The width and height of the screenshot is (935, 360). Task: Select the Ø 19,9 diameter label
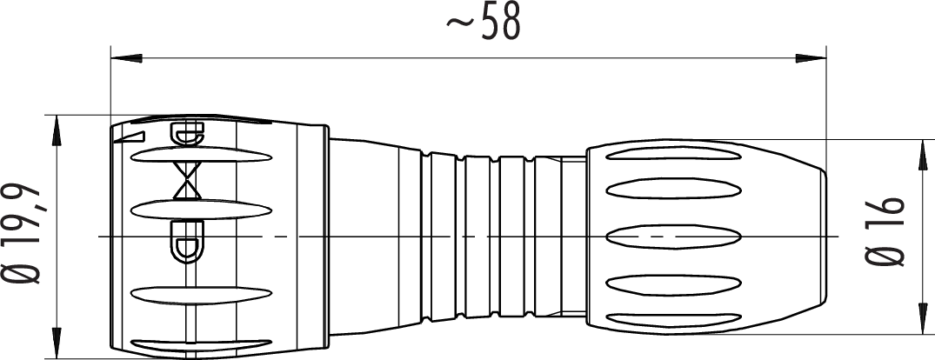click(x=22, y=234)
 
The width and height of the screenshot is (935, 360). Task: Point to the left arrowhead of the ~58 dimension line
click(x=126, y=58)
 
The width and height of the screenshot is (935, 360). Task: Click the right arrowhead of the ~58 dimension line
click(x=811, y=58)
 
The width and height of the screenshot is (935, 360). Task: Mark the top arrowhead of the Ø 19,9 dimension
click(x=57, y=130)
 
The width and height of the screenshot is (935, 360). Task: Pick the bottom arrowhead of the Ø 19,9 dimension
click(x=57, y=343)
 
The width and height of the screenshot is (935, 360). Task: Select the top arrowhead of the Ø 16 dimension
click(x=922, y=155)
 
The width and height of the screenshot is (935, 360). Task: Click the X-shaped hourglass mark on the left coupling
click(x=187, y=181)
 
